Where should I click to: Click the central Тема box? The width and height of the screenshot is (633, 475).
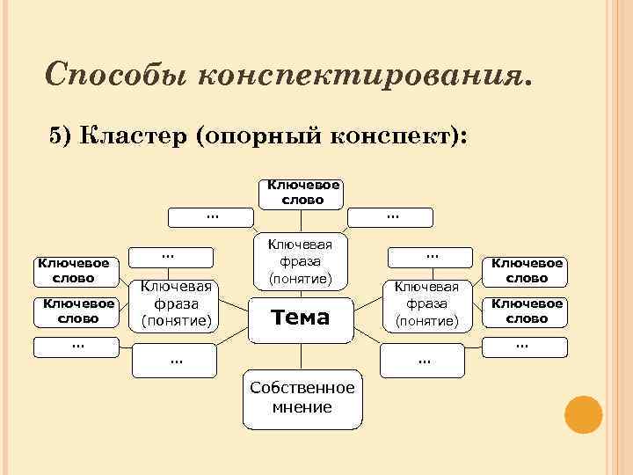[x=302, y=317]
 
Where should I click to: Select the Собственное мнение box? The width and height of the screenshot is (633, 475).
[x=302, y=398]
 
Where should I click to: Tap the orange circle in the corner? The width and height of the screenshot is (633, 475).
[x=582, y=414]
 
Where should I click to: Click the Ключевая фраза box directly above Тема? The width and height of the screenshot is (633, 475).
[x=302, y=261]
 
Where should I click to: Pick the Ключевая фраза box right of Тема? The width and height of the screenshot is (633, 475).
[x=427, y=303]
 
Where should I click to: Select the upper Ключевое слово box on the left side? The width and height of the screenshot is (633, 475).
[x=74, y=271]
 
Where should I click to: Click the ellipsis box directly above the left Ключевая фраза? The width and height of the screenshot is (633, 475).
[x=172, y=256]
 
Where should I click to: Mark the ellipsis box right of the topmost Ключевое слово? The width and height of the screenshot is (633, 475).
[x=391, y=216]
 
